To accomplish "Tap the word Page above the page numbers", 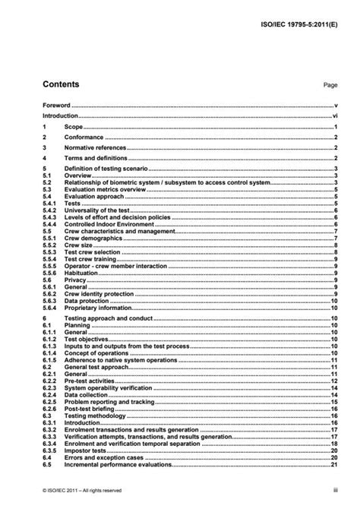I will click(x=330, y=85).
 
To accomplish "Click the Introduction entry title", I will click(x=60, y=117).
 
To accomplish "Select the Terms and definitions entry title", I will click(x=95, y=159).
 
